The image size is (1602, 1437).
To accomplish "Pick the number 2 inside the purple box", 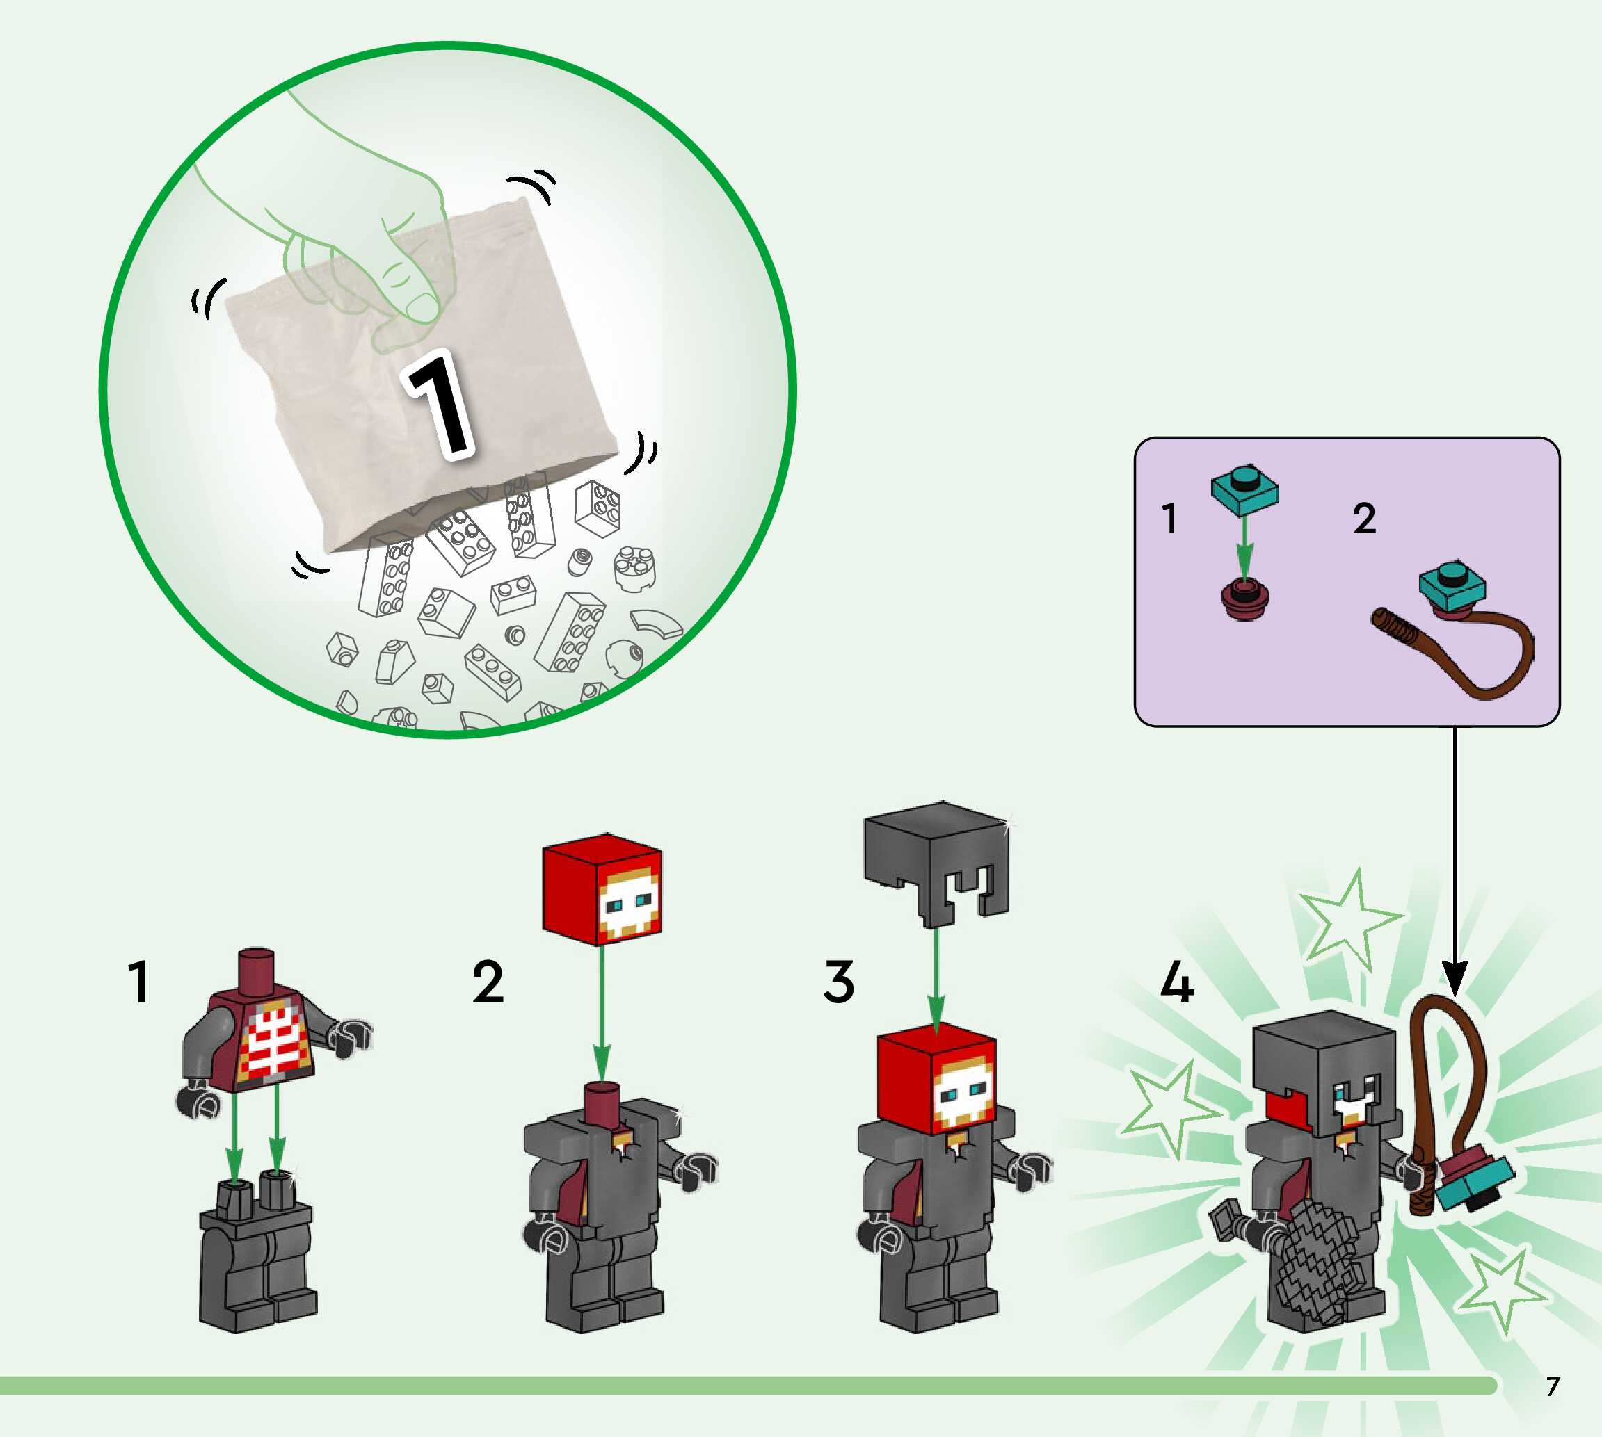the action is pos(1364,519).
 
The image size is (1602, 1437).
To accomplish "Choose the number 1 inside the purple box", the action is pos(1170,519).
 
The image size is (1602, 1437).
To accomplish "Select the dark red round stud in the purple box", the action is pos(1245,601).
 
